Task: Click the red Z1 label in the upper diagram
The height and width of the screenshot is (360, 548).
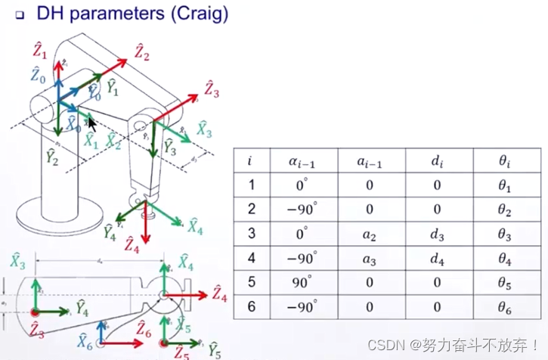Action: [40, 51]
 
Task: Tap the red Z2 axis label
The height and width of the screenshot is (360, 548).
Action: [142, 52]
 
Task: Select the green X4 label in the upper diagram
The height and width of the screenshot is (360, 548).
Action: [196, 225]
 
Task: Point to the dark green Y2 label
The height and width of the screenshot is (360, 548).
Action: [51, 157]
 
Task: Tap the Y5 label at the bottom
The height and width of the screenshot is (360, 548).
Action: [214, 349]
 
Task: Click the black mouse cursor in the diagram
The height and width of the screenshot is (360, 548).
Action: [91, 123]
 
